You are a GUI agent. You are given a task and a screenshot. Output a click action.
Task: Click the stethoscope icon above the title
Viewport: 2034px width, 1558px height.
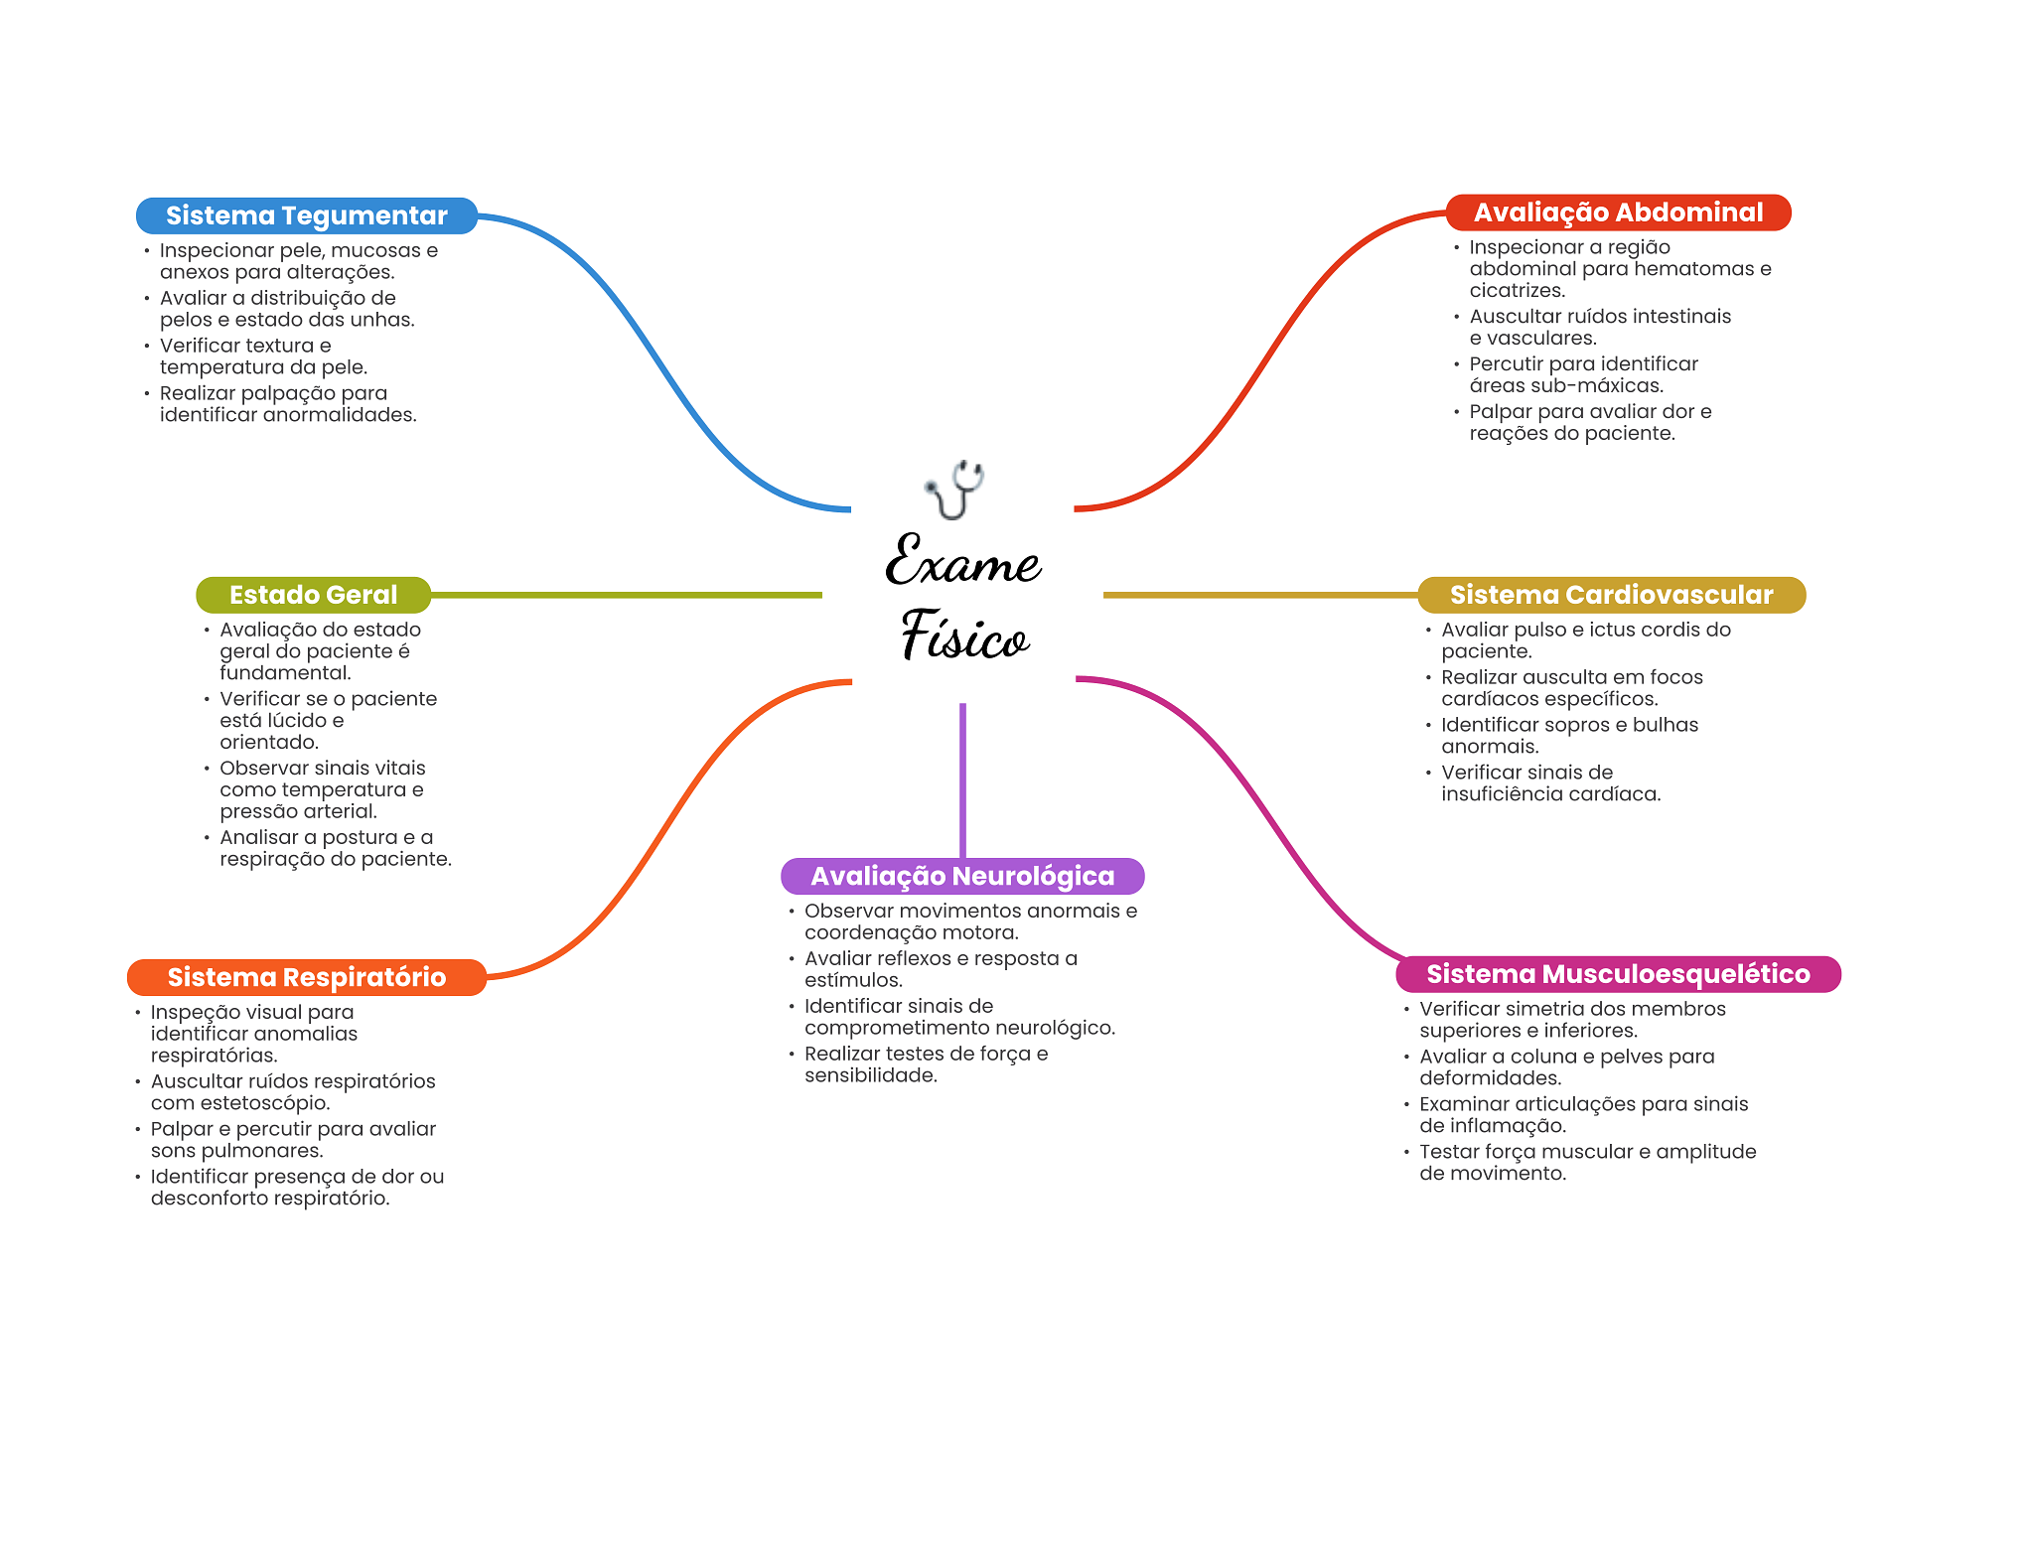[x=954, y=490]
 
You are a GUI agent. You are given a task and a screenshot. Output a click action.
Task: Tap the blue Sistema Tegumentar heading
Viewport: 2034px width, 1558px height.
[x=307, y=215]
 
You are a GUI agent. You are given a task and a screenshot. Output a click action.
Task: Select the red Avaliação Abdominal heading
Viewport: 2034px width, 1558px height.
[x=1618, y=212]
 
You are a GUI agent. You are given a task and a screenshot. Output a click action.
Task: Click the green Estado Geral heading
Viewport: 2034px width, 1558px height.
[x=314, y=595]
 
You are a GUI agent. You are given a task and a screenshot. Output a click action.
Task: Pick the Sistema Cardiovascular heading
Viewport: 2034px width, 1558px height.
[x=1611, y=595]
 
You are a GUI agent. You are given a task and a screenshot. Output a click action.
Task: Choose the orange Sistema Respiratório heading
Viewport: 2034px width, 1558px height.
[x=307, y=977]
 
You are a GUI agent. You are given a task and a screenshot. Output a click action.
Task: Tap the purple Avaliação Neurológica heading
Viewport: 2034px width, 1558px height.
[x=962, y=876]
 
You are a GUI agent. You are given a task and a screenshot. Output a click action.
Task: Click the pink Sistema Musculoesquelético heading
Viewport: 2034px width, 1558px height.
[x=1618, y=974]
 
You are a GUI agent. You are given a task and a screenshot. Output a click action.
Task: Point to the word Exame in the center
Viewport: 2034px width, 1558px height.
[x=962, y=561]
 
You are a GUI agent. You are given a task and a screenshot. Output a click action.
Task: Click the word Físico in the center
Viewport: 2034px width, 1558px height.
[x=964, y=636]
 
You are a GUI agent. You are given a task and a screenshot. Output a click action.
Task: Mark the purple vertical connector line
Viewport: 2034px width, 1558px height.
[x=962, y=780]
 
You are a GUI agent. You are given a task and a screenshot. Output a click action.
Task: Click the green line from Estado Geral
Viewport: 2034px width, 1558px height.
[x=627, y=595]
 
